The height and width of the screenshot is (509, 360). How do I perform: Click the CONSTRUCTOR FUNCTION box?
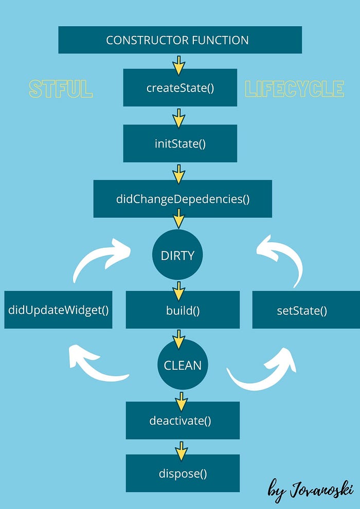pos(179,40)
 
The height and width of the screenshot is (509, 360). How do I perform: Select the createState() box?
pos(179,87)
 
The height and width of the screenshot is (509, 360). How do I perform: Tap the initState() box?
pos(179,143)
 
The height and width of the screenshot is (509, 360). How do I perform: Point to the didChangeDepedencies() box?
pos(183,199)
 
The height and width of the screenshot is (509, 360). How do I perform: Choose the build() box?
pos(183,310)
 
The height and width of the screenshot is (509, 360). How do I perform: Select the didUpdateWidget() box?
pos(58,310)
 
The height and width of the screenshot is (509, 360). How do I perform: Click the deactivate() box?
pos(183,421)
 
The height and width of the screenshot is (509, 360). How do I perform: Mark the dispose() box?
pos(183,473)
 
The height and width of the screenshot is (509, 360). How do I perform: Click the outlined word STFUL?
pos(61,89)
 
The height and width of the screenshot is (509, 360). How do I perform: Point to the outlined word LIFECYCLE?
pos(295,89)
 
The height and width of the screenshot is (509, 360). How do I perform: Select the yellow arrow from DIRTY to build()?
pos(178,291)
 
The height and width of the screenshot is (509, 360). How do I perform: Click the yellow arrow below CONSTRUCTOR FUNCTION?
pos(178,65)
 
